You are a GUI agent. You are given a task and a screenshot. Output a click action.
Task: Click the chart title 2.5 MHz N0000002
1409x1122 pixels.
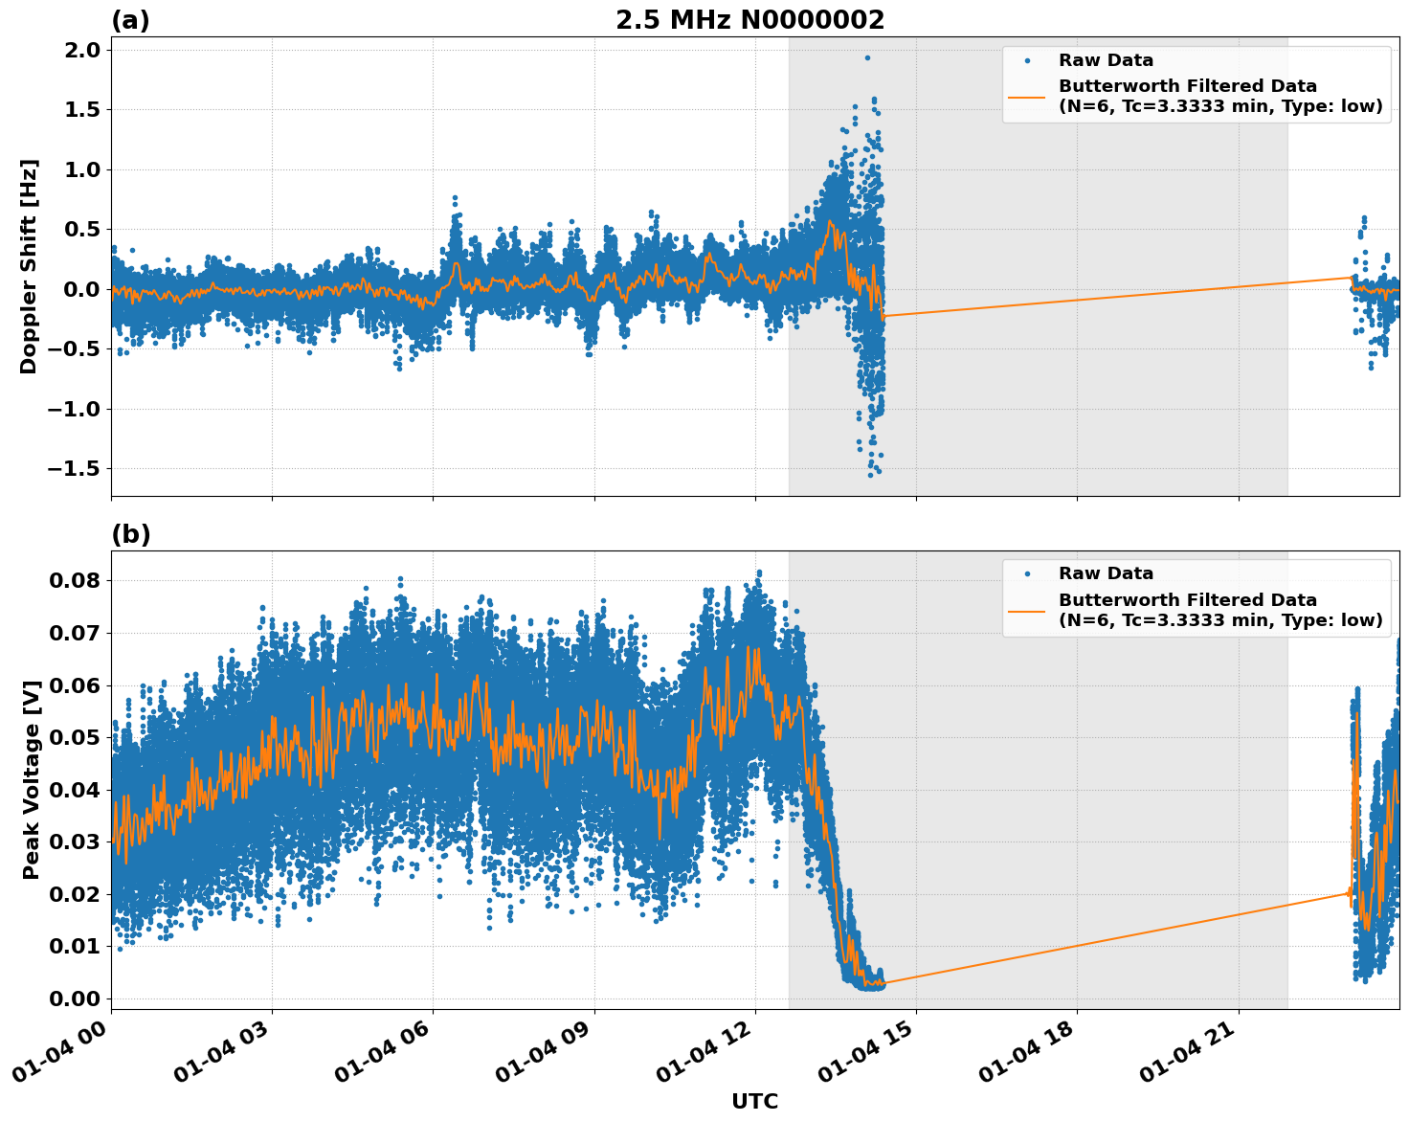(749, 20)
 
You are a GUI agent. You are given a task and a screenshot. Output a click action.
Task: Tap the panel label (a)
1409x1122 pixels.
(130, 20)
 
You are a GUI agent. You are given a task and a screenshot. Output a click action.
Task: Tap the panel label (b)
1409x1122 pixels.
(130, 534)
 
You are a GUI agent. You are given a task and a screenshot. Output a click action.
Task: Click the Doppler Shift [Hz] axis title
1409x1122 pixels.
(29, 266)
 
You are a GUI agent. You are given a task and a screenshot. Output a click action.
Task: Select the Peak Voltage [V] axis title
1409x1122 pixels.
(32, 779)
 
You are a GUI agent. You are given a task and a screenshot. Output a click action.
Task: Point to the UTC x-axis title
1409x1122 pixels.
(754, 1101)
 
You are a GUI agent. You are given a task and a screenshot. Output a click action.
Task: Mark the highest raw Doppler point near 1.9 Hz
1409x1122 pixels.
(867, 57)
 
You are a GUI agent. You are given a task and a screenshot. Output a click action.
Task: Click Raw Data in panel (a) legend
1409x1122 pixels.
(1106, 60)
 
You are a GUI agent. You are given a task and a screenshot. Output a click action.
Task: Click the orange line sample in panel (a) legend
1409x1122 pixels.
(1026, 96)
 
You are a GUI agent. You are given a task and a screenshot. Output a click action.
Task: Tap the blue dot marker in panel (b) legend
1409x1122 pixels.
(1026, 573)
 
